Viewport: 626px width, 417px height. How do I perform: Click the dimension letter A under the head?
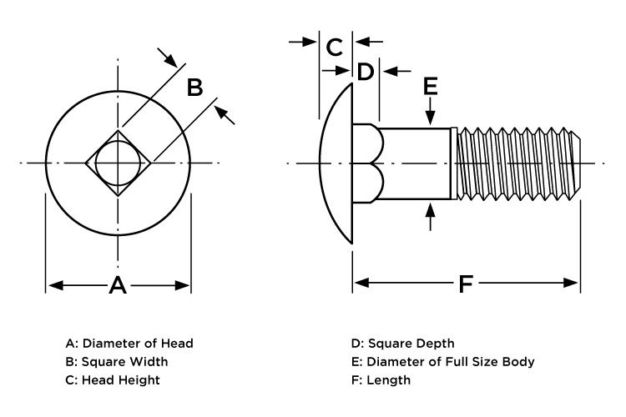(118, 286)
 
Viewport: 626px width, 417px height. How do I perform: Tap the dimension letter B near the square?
(194, 87)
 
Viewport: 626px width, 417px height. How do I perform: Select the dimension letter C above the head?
(335, 47)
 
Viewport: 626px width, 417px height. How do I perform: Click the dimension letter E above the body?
(431, 85)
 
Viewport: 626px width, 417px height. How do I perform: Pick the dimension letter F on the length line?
(466, 284)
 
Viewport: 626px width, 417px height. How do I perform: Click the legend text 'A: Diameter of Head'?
(129, 343)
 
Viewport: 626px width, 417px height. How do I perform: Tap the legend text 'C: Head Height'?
(113, 379)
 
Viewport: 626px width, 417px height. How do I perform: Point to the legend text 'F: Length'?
(381, 379)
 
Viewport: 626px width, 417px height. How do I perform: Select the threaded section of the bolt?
(517, 163)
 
